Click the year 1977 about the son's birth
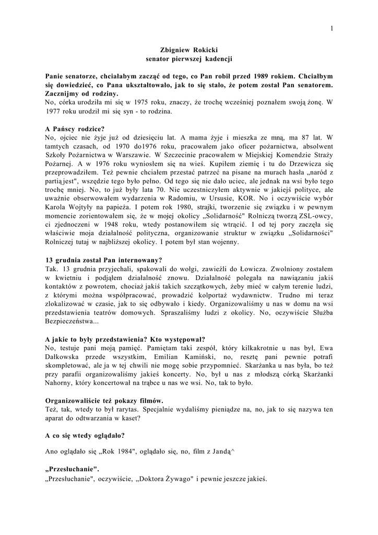pyautogui.click(x=56, y=111)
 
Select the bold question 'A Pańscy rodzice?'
pyautogui.click(x=75, y=129)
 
